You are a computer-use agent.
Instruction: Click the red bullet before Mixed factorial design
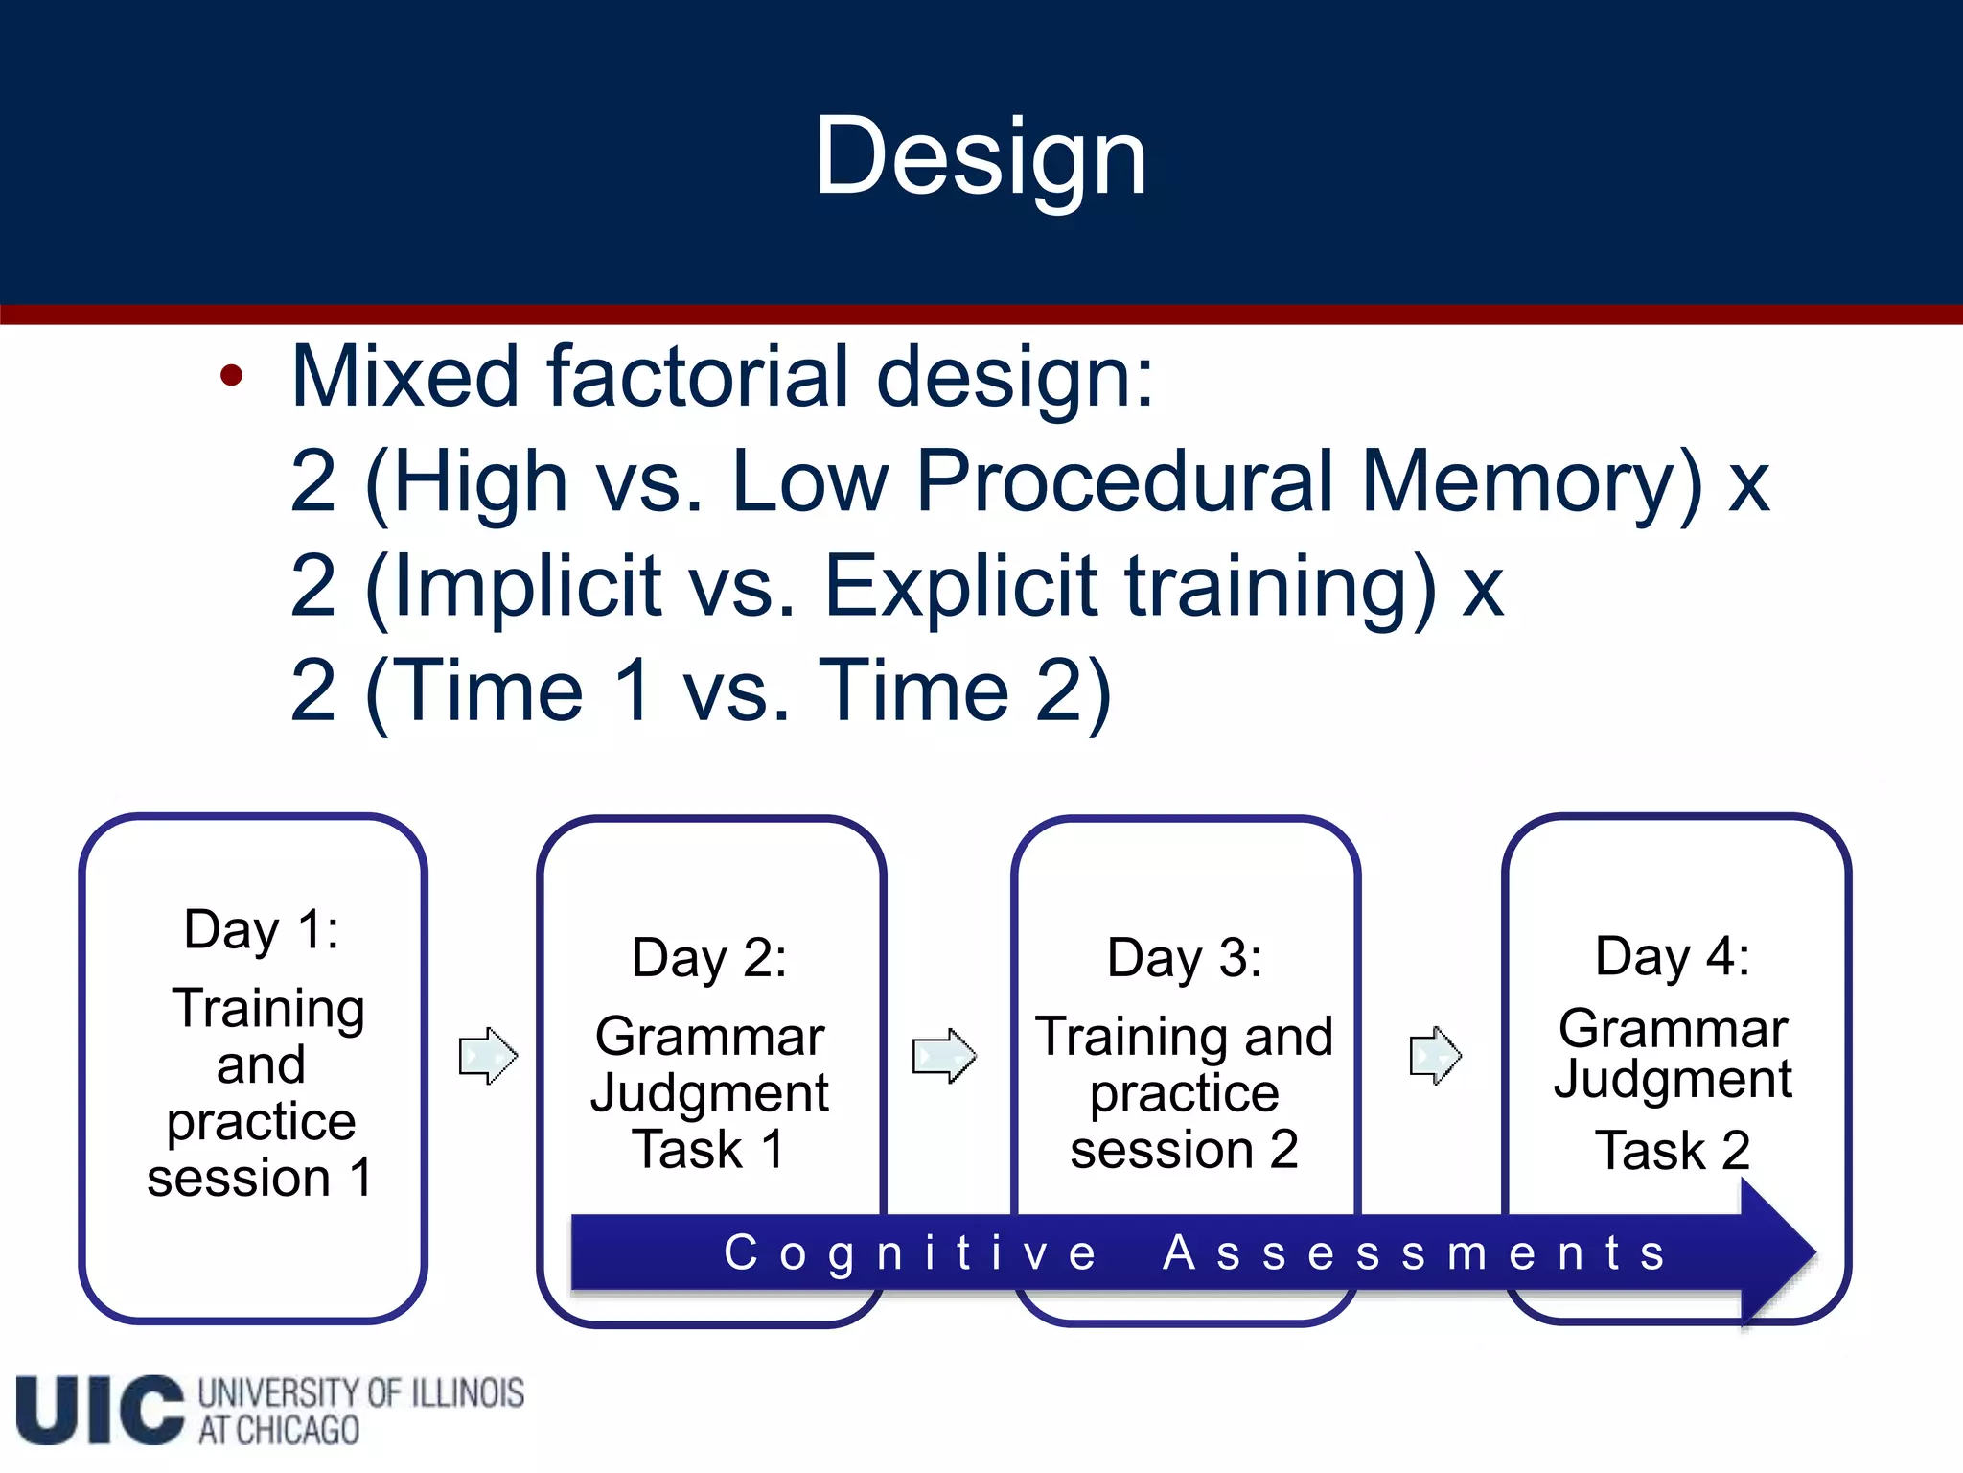[231, 376]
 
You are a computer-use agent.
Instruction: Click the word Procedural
[1125, 481]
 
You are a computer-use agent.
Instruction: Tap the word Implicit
[527, 586]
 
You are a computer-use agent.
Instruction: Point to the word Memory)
[1532, 481]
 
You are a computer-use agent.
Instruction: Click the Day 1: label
[261, 929]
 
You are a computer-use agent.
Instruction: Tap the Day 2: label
[709, 958]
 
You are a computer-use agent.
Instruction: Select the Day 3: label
[1184, 958]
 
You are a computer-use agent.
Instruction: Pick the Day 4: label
[1672, 956]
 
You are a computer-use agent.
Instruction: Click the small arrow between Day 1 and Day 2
[488, 1056]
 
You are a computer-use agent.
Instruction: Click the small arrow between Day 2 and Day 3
[944, 1056]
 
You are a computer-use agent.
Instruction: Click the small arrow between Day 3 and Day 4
[1435, 1056]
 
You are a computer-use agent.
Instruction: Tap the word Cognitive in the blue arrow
[910, 1253]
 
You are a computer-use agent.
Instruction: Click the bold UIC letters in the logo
[100, 1410]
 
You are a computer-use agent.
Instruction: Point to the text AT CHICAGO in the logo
[279, 1431]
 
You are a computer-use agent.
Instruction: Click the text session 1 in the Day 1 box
[259, 1178]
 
